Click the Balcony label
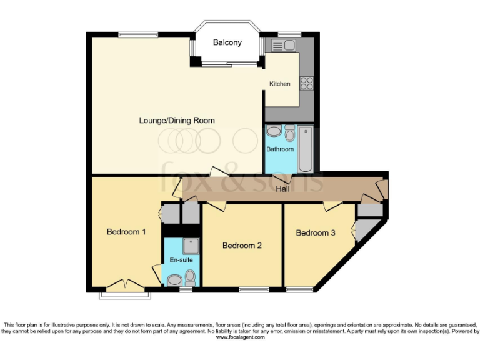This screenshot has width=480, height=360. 227,42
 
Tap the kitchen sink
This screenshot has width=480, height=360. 283,44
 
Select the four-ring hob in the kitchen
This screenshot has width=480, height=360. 307,82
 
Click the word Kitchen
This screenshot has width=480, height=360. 279,84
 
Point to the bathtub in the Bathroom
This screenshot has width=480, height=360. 305,149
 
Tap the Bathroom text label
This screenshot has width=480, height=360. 280,149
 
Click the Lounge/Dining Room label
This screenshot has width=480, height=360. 177,121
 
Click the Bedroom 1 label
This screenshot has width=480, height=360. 126,232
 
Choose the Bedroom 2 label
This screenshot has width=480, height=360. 242,246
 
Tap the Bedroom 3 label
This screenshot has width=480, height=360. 316,233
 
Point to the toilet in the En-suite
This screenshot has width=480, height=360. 190,277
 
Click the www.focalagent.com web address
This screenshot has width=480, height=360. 240,337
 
